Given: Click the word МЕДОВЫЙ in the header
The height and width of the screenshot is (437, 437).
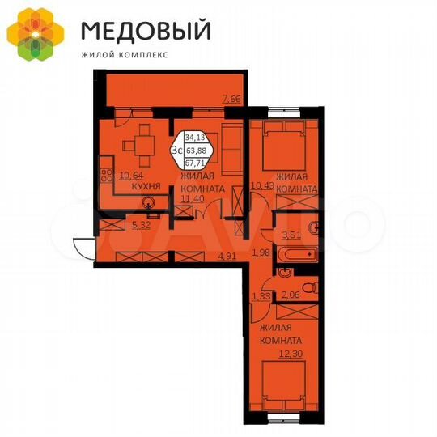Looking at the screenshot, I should pyautogui.click(x=146, y=31).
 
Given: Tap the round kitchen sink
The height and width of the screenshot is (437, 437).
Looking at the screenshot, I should pyautogui.click(x=149, y=204).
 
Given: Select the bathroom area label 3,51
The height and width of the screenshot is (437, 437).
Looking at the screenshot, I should pyautogui.click(x=291, y=236).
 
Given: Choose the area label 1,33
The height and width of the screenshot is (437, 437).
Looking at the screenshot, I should pyautogui.click(x=262, y=297).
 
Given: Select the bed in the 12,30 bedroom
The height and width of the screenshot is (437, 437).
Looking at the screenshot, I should pyautogui.click(x=283, y=385).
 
